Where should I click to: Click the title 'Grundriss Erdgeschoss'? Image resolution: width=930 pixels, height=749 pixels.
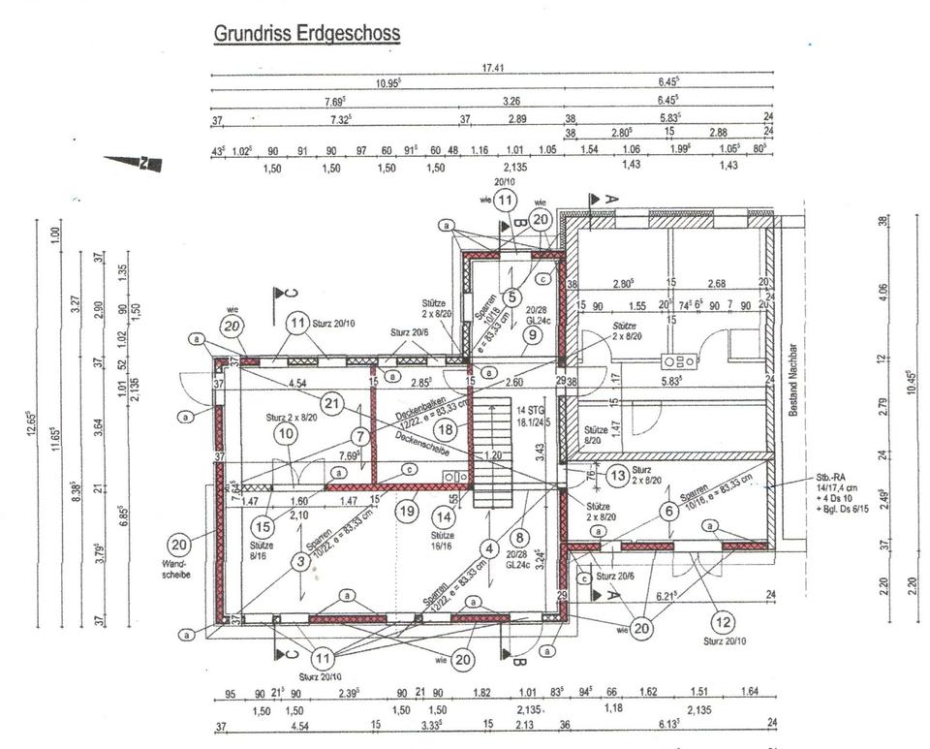click(x=306, y=34)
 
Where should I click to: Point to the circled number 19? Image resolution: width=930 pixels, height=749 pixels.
click(x=408, y=508)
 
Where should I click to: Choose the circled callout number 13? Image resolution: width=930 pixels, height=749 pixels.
click(x=617, y=476)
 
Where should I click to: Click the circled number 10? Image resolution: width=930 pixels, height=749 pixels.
click(x=285, y=434)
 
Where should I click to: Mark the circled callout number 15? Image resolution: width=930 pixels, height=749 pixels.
click(x=263, y=526)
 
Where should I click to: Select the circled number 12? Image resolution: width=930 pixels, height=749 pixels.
click(x=723, y=620)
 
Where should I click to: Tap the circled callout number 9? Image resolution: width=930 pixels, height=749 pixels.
click(x=532, y=336)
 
